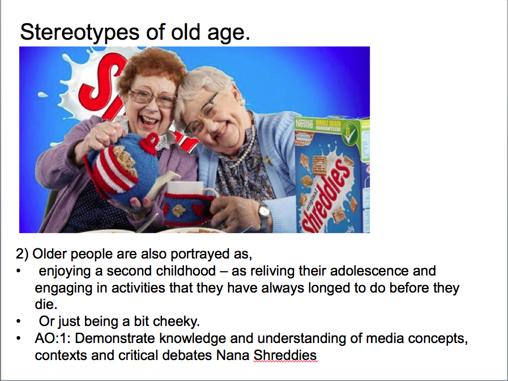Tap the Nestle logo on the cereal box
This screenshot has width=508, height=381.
(x=305, y=124)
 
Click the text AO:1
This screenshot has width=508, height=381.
(x=49, y=339)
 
